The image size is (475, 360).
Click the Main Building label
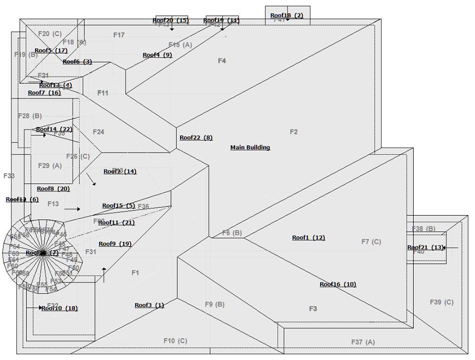250,147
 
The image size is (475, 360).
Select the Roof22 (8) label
196,138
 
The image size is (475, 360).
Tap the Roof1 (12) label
308,238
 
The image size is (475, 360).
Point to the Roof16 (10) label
337,284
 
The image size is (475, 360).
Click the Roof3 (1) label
149,305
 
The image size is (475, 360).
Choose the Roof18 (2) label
286,15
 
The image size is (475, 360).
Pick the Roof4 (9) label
157,55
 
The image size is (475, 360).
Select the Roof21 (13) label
425,247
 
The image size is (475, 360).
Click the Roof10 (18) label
59,308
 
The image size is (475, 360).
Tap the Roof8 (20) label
53,188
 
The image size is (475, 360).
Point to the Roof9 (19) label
115,243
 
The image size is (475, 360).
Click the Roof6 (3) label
77,62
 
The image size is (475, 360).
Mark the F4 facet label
222,61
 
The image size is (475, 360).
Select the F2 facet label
293,132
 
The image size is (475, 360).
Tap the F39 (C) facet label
441,302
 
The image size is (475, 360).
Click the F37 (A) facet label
363,342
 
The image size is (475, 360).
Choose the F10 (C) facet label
175,341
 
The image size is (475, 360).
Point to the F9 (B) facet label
215,304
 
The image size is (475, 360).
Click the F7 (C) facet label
371,241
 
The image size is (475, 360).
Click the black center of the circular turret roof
43,253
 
